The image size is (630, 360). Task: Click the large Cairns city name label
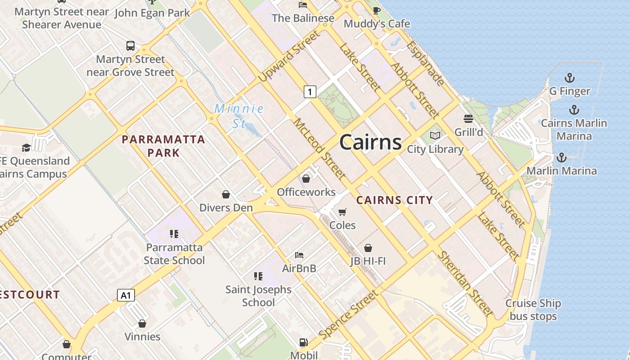point(370,142)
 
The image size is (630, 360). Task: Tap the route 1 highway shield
point(310,92)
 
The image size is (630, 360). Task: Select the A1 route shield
point(126,295)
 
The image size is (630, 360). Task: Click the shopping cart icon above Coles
point(342,212)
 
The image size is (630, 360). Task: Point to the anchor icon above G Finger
point(570,78)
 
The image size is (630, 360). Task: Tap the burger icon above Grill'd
point(468,119)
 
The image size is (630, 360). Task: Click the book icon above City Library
point(435,135)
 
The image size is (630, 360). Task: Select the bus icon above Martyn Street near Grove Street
point(130,45)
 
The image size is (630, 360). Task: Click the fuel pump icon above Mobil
point(304,342)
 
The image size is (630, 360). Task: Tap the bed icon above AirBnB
point(299,255)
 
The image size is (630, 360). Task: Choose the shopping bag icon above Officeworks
point(306,179)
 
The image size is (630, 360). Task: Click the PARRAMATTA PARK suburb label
point(163,146)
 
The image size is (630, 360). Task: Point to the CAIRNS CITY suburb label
point(394,200)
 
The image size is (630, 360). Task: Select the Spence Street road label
point(348,315)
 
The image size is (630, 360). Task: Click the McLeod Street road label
point(320,149)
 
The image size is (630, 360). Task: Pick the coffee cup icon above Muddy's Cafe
point(377,10)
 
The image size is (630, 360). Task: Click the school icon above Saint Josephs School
point(258,276)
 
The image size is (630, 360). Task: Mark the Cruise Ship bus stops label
point(533,310)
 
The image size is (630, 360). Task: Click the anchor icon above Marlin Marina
point(561,157)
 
